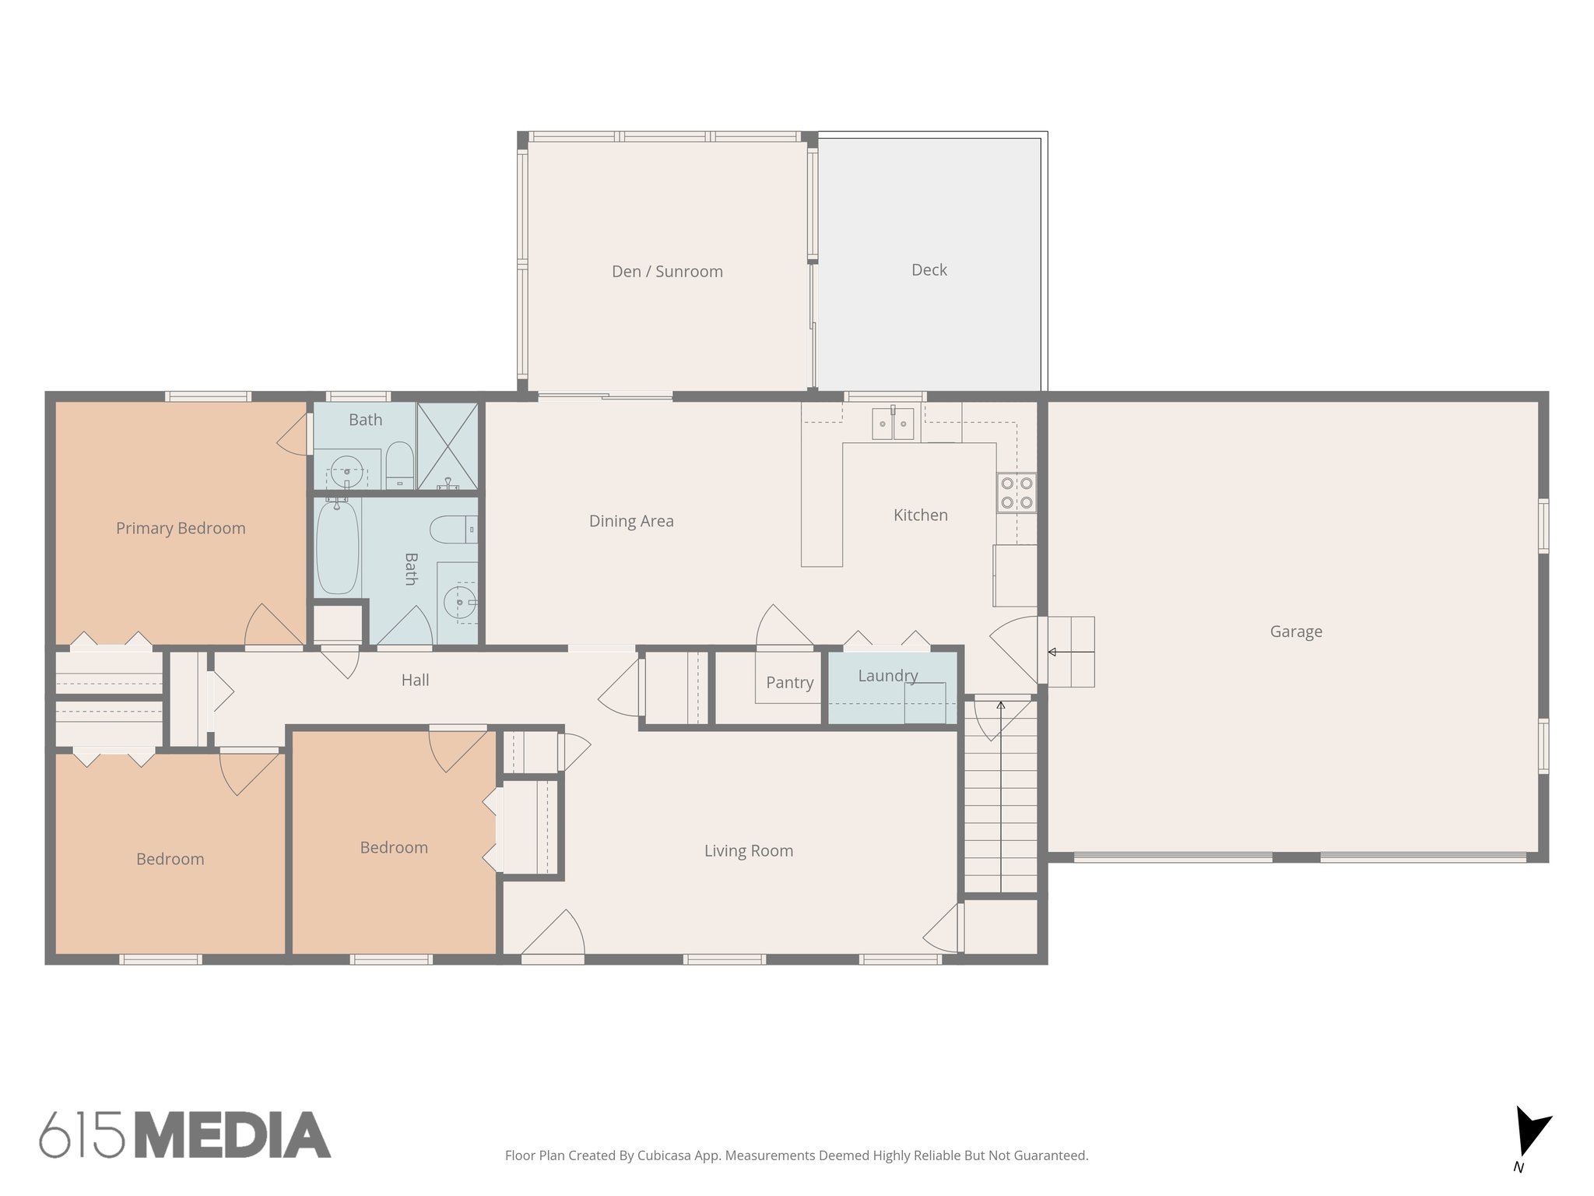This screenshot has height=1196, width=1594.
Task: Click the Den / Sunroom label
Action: pos(667,272)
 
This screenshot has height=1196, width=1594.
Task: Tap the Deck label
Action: pos(929,270)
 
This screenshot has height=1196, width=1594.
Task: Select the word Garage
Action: pos(1296,631)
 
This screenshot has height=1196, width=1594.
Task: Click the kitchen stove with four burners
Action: pos(1016,493)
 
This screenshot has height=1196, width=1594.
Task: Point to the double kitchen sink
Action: pos(892,424)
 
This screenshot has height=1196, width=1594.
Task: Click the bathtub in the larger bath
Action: pos(337,547)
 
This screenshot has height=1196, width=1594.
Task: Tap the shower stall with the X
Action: pos(448,446)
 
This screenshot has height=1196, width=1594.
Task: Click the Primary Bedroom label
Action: pos(181,528)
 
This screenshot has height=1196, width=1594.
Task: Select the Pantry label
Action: pos(789,683)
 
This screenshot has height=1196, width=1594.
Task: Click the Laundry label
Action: pos(887,676)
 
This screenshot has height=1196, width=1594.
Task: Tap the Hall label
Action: pos(415,680)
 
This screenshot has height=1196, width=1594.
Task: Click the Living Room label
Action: pos(748,851)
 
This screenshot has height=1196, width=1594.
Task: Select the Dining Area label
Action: pos(631,521)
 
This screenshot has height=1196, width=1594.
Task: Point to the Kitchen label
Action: pos(920,515)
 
